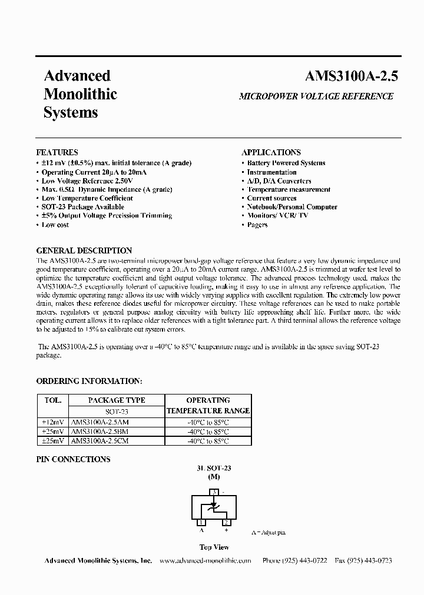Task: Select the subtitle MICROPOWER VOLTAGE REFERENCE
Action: (316, 96)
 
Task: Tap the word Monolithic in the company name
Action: (81, 94)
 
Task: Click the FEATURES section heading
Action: (57, 152)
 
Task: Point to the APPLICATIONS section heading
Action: (271, 152)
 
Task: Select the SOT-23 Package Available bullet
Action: (82, 207)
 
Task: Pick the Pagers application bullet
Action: (257, 225)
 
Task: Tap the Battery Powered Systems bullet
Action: (286, 163)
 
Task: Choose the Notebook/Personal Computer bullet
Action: (292, 207)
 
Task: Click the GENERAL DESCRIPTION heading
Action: (84, 250)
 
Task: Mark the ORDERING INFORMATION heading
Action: (89, 381)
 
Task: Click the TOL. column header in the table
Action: (53, 400)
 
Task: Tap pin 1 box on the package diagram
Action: (201, 522)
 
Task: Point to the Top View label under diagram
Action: (214, 547)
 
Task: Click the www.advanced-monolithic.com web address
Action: (206, 561)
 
